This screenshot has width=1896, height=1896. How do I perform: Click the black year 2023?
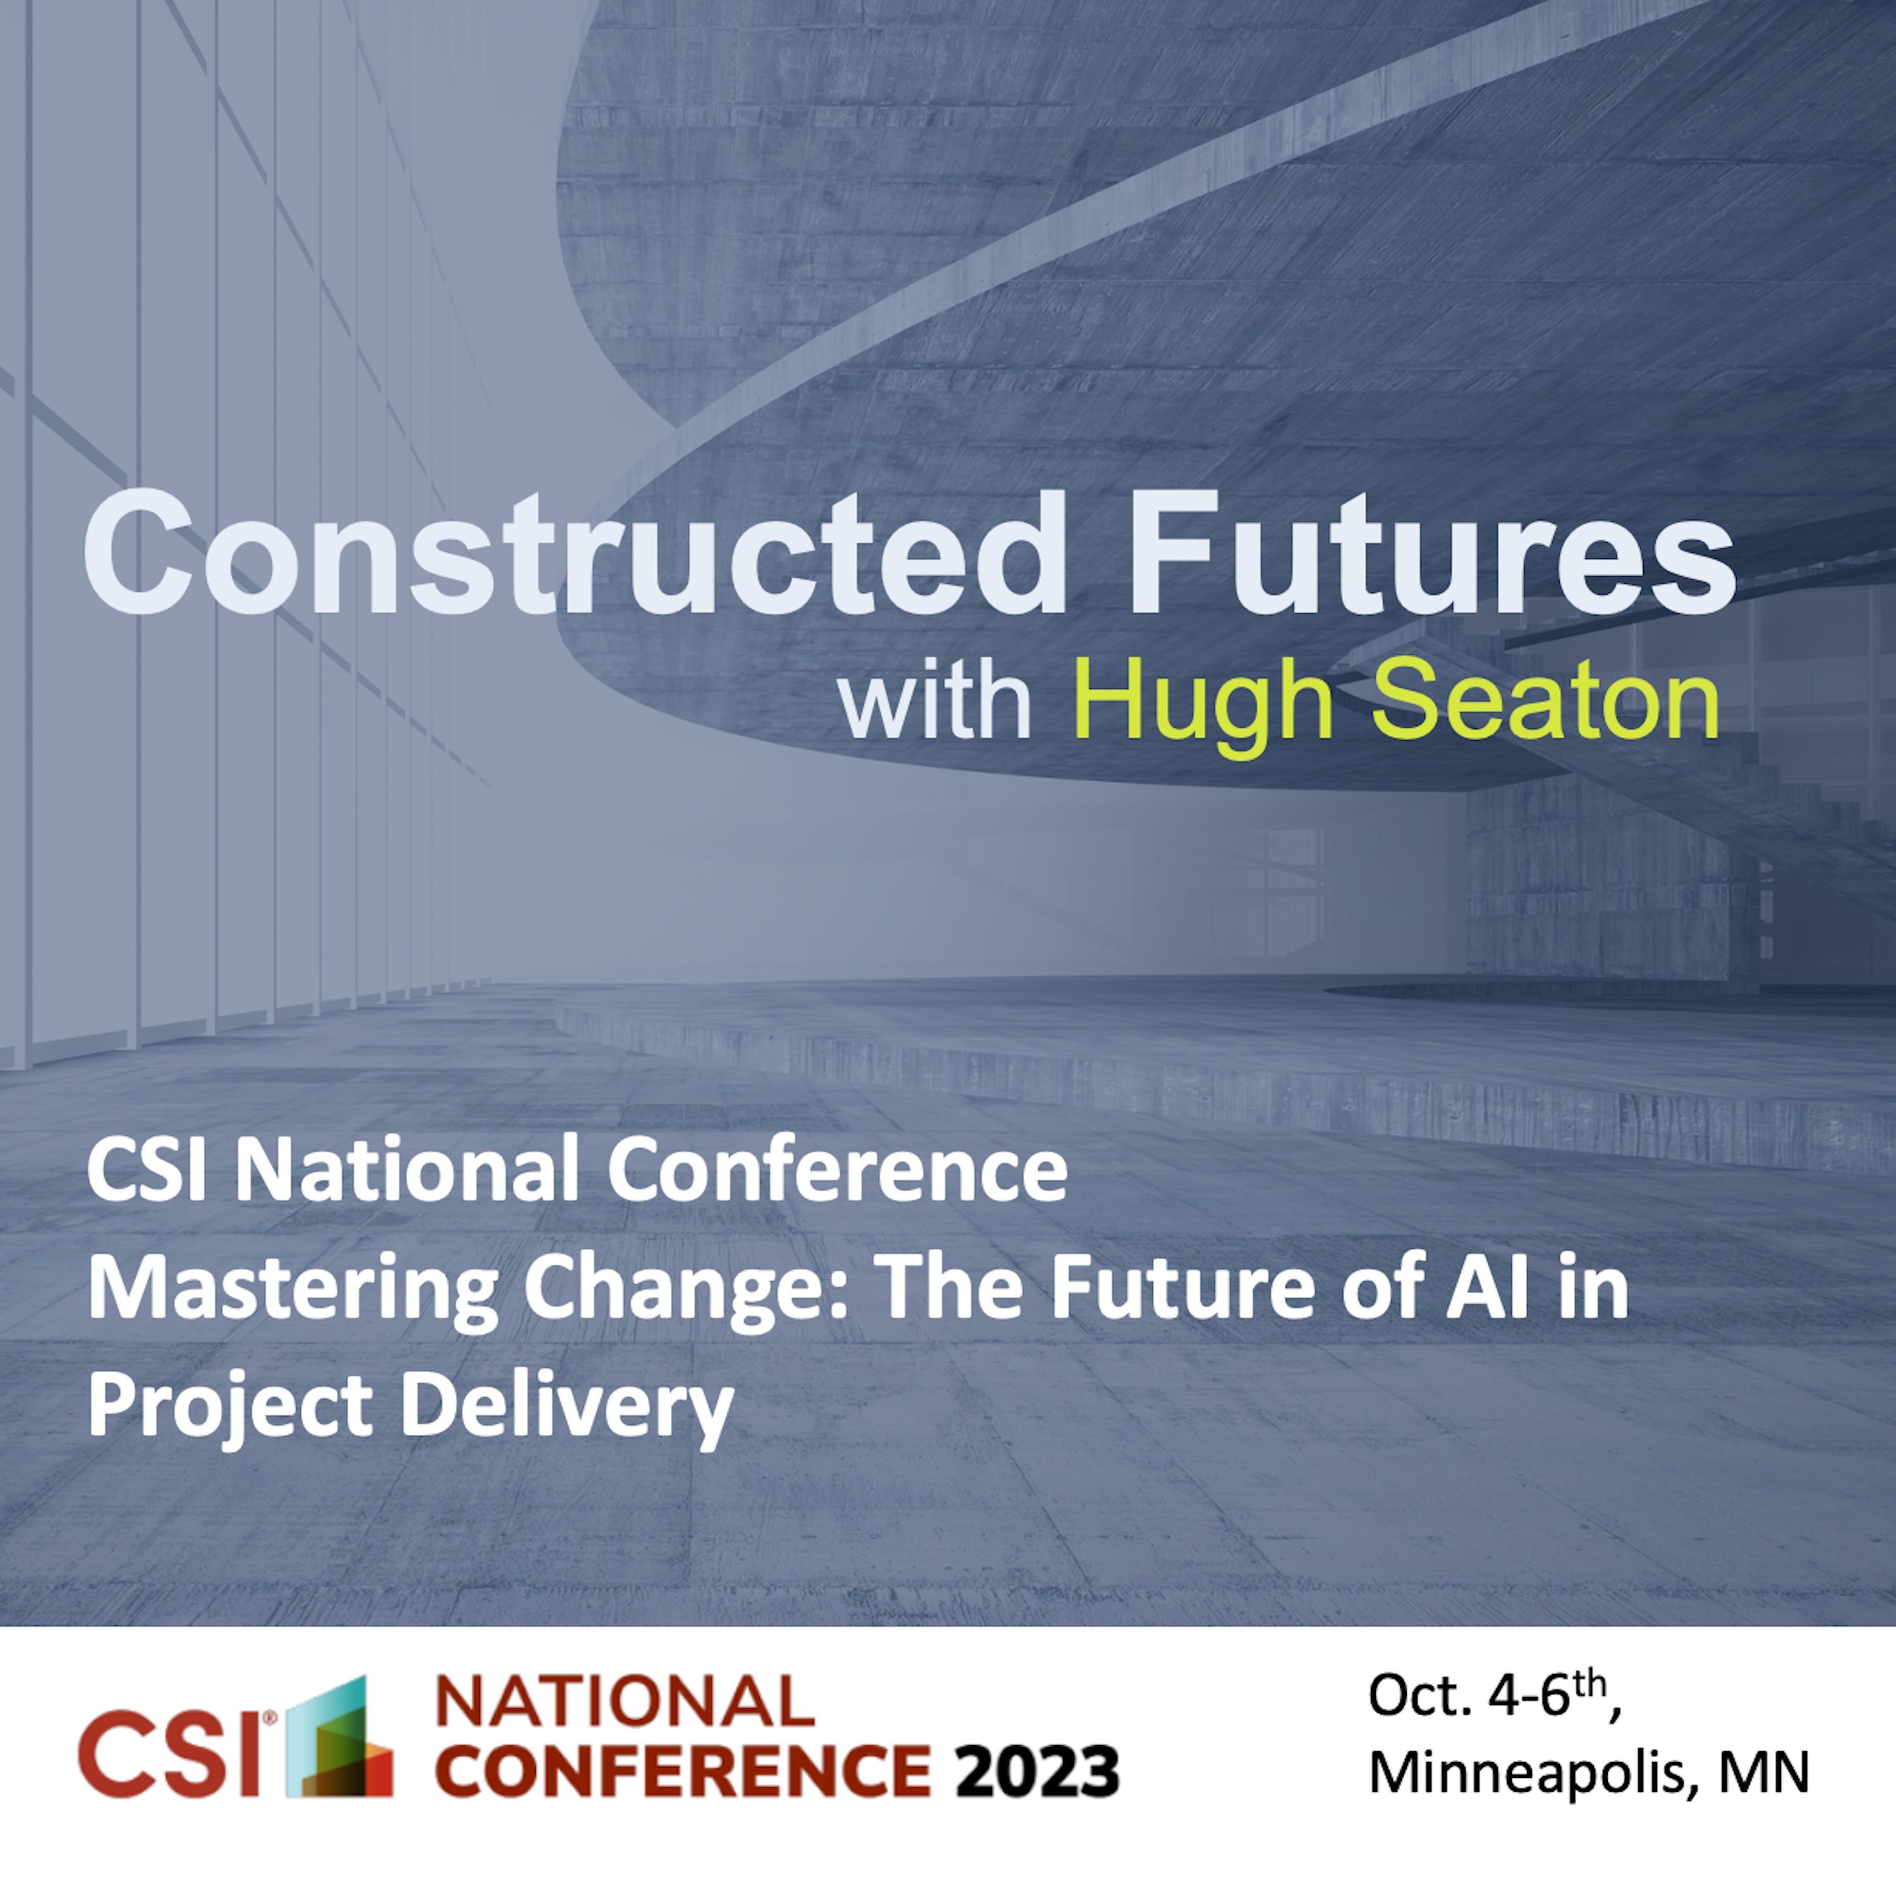(x=1038, y=1770)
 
